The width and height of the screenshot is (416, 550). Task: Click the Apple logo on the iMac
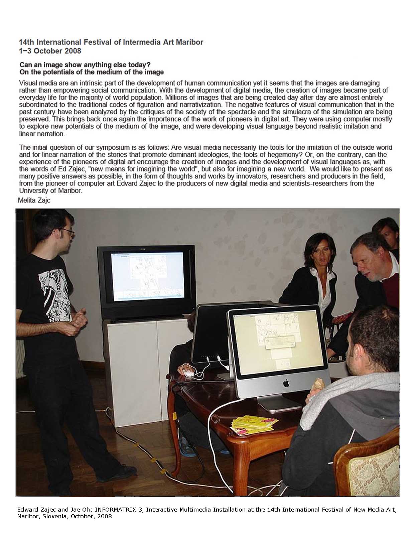286,383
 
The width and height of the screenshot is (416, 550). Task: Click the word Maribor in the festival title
189,42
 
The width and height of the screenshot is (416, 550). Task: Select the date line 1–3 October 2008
50,51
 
